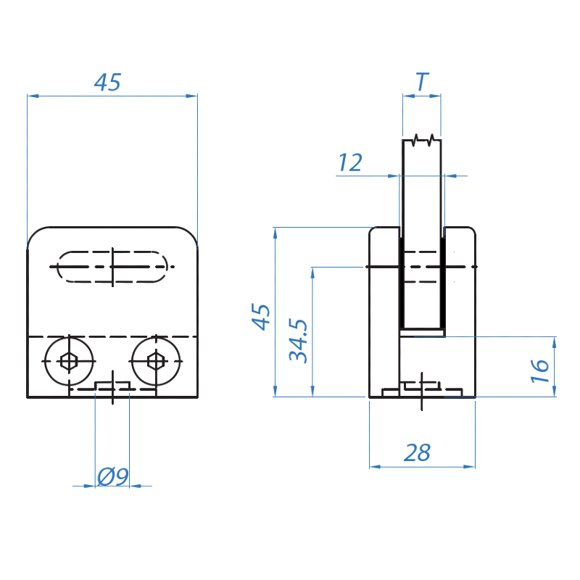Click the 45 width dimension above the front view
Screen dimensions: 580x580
[107, 82]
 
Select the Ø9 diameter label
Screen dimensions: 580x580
[113, 476]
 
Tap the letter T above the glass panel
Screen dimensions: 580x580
[422, 82]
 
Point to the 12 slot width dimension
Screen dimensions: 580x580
[350, 162]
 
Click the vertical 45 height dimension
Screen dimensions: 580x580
[261, 317]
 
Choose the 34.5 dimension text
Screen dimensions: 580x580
[298, 340]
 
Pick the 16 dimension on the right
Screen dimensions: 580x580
[539, 370]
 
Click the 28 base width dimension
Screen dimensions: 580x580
[418, 452]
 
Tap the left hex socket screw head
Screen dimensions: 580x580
[69, 361]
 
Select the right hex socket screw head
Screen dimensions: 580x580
[156, 361]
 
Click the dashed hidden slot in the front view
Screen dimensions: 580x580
[112, 267]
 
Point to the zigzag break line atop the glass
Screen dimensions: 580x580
[422, 140]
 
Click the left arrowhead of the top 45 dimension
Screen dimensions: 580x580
[33, 96]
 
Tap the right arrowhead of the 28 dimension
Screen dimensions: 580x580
[469, 467]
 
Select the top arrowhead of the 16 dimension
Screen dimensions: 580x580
[554, 342]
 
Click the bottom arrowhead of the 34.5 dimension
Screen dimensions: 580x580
[312, 391]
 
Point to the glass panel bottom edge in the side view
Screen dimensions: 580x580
[422, 328]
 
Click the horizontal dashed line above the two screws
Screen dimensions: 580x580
[112, 337]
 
